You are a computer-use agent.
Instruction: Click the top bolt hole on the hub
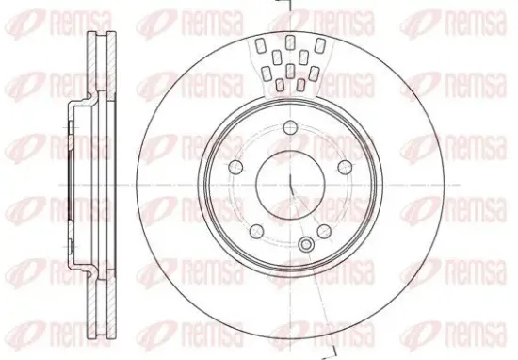[290, 127]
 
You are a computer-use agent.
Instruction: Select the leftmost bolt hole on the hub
[236, 167]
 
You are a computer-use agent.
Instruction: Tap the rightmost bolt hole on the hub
[345, 167]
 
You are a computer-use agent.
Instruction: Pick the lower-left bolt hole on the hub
[257, 231]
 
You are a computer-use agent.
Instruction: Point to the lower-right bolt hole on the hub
[324, 231]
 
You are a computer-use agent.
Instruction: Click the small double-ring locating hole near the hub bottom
[306, 245]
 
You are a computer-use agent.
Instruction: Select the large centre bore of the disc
[290, 185]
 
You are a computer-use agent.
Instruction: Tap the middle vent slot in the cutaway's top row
[290, 42]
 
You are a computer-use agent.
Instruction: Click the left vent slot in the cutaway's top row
[261, 45]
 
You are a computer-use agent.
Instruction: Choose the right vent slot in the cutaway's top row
[319, 45]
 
